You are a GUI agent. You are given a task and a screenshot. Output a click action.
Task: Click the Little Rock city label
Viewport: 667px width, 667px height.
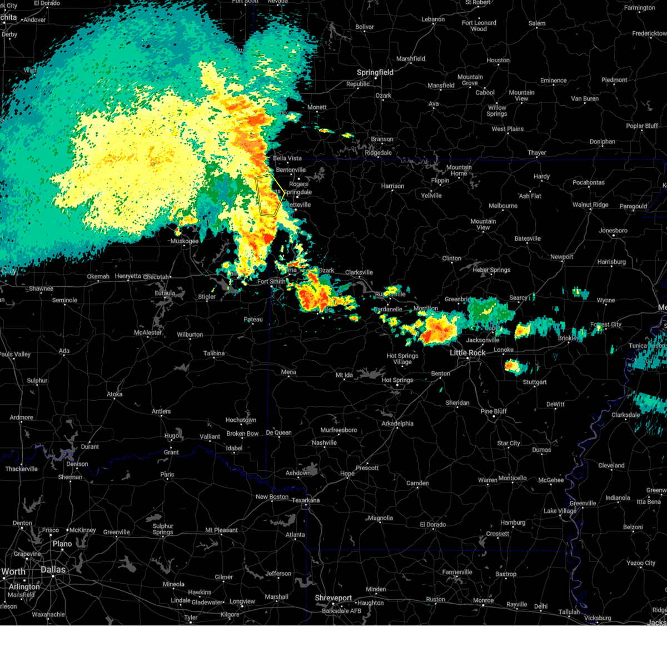point(467,353)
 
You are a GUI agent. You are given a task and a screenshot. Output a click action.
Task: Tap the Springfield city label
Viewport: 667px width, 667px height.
point(375,72)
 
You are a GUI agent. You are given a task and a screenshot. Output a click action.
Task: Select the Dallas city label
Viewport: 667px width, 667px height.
point(53,570)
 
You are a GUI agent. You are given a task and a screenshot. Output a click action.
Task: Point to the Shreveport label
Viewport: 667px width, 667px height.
point(333,598)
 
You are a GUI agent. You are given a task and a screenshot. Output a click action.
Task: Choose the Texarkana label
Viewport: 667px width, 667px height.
point(306,500)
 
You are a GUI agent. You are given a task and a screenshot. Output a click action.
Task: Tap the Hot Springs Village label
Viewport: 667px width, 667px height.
point(402,359)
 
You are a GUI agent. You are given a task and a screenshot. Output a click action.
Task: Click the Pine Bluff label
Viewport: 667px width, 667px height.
point(494,411)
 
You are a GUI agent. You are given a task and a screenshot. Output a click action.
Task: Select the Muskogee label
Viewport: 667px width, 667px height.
point(185,241)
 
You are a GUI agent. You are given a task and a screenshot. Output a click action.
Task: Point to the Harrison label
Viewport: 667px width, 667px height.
point(392,186)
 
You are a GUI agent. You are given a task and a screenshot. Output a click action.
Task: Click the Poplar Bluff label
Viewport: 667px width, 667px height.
point(642,126)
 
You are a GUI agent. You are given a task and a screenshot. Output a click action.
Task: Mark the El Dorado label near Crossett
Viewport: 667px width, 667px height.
point(433,525)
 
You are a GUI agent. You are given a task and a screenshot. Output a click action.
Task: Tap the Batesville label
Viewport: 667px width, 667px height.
point(527,238)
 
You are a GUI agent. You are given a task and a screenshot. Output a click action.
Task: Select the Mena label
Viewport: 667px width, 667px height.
point(288,372)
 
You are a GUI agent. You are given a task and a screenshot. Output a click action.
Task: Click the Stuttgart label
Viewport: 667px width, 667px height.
point(535,382)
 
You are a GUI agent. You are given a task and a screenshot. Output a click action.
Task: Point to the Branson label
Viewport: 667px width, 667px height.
point(382,140)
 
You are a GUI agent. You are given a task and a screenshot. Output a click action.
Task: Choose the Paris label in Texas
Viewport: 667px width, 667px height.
point(167,475)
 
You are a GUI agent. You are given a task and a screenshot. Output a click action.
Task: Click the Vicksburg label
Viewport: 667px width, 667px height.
point(598,618)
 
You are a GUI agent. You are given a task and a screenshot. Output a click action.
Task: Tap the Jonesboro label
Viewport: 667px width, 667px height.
point(613,231)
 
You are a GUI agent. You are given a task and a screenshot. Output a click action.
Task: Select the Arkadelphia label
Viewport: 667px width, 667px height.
point(397,424)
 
